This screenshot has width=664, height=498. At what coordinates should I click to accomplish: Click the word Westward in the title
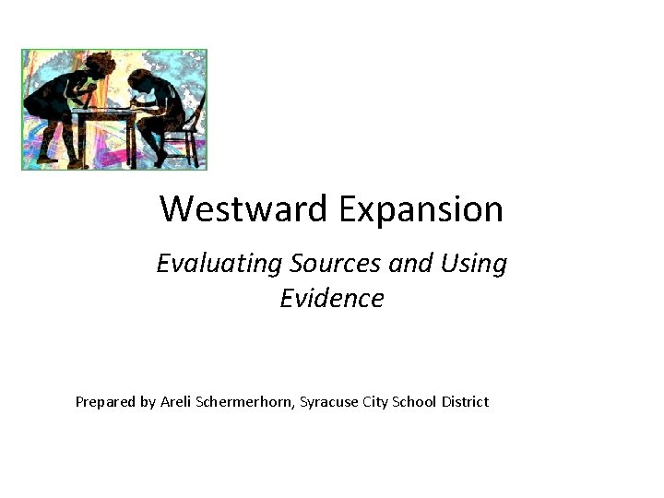pos(243,209)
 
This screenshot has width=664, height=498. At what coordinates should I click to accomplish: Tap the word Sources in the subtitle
pos(335,264)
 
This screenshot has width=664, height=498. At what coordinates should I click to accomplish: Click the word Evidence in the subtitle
pos(332,299)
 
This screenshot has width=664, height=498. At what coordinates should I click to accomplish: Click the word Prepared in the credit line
pos(104,402)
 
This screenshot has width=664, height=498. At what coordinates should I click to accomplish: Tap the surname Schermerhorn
pos(246,401)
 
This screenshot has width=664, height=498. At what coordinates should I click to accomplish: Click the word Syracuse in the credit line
pos(327,402)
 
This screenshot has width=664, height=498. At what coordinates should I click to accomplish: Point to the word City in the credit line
pos(373,402)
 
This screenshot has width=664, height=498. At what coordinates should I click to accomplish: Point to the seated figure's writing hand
pos(129,107)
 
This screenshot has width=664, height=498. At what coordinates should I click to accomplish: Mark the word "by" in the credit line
pos(147,402)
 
